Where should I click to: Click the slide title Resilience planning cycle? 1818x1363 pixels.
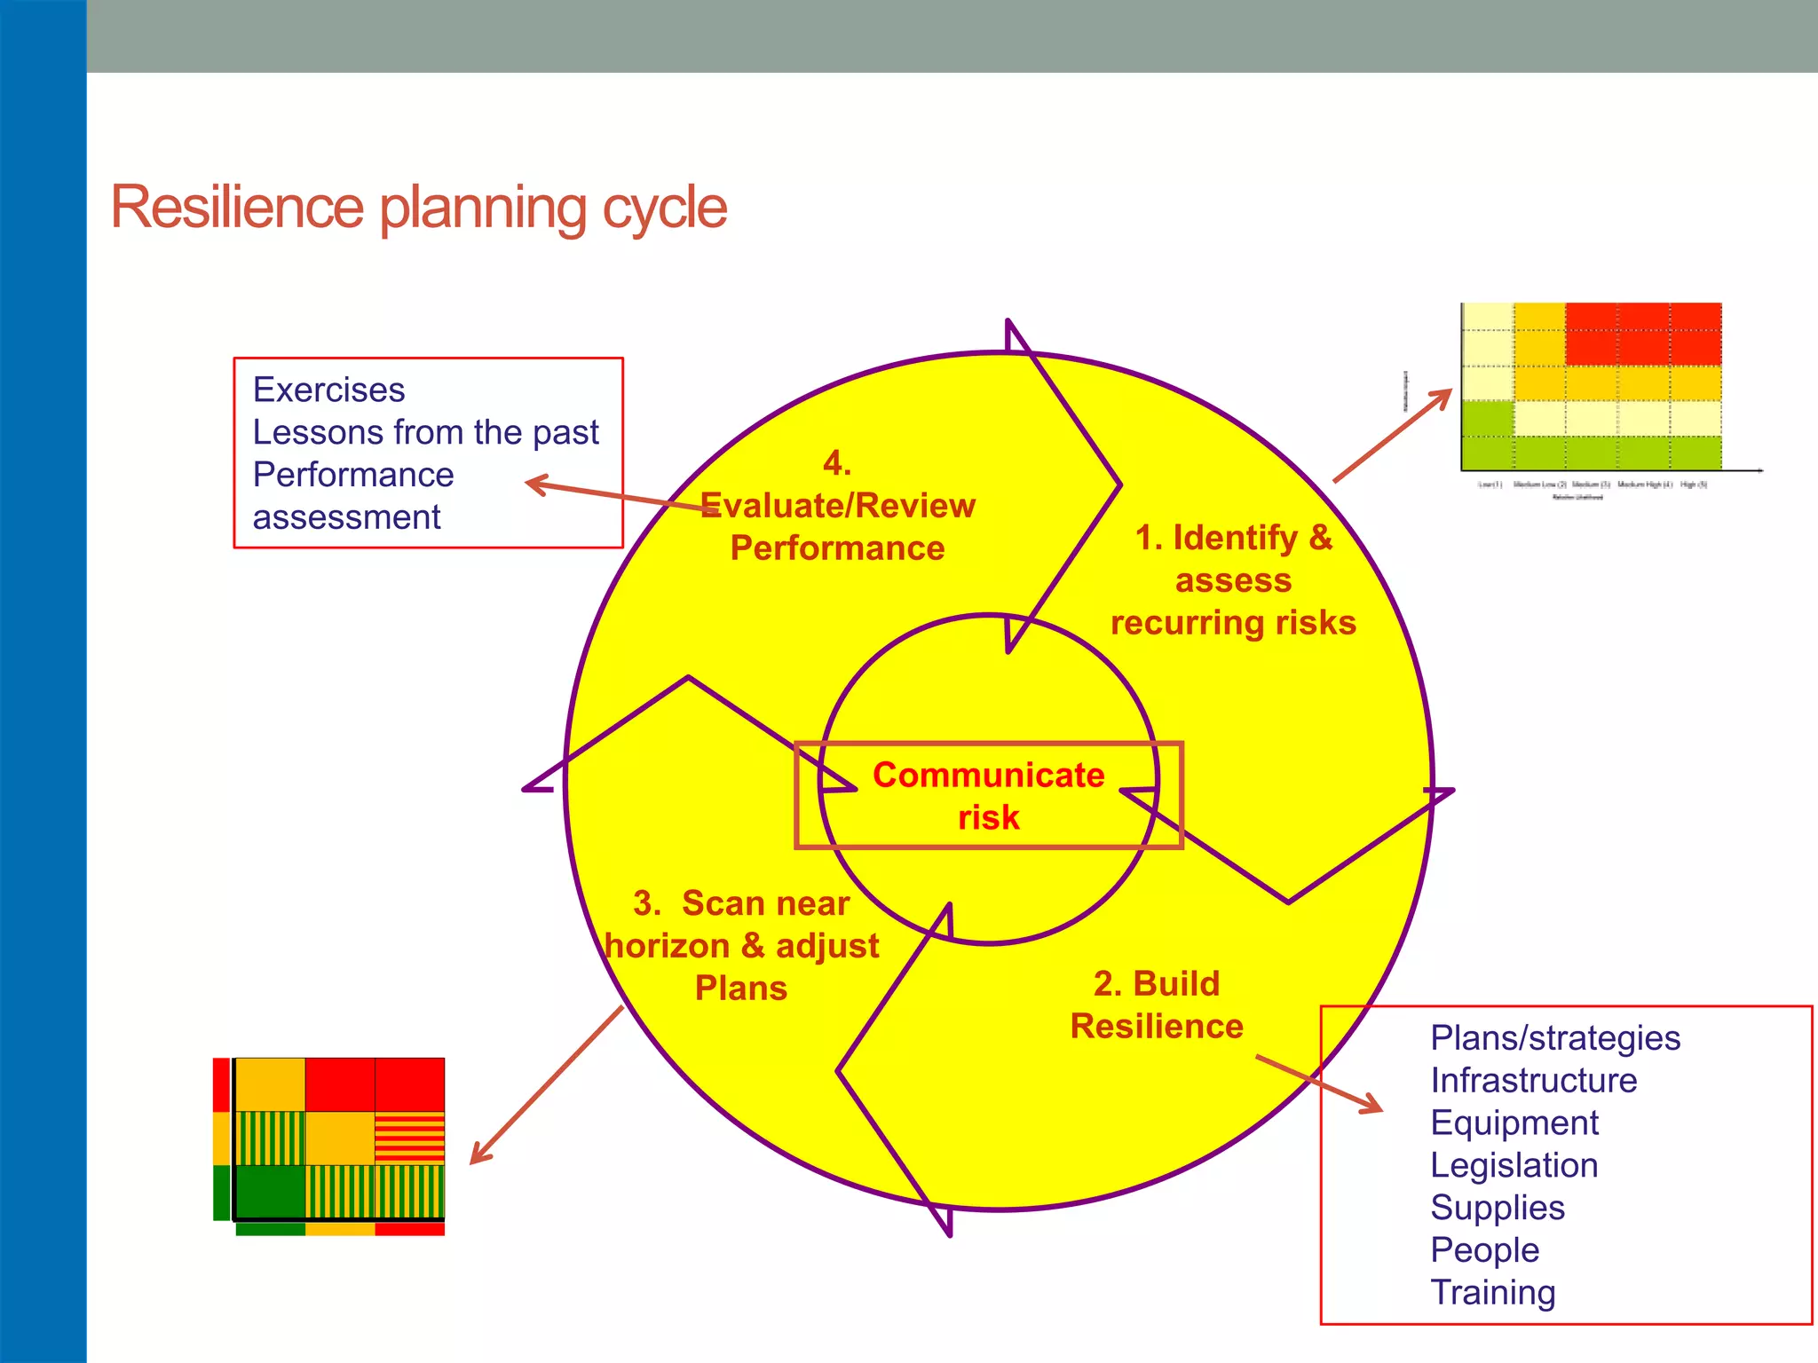(x=418, y=208)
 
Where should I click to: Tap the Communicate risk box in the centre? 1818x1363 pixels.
(x=988, y=796)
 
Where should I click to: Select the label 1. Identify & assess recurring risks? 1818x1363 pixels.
(x=1233, y=580)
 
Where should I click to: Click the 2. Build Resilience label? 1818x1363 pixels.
(x=1157, y=1005)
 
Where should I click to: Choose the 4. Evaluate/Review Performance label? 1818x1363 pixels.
(x=837, y=507)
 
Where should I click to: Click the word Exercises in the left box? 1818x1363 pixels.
(x=328, y=390)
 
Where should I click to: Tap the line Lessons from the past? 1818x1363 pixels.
(x=425, y=433)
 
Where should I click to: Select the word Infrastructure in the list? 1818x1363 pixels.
(x=1533, y=1081)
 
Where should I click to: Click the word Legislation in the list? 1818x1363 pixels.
(x=1514, y=1166)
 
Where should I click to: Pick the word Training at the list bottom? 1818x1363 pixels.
(x=1492, y=1293)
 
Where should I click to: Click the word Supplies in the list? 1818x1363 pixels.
(x=1497, y=1208)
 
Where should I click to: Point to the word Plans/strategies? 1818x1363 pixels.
(x=1554, y=1038)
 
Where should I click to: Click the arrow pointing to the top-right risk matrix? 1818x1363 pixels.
(x=1392, y=436)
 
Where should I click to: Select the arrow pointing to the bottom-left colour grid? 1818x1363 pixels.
(x=546, y=1085)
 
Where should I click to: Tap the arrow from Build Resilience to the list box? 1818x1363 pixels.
(x=1319, y=1083)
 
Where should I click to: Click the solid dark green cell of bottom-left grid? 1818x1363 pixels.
(x=270, y=1192)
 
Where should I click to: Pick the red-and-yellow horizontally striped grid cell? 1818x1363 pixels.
(x=409, y=1138)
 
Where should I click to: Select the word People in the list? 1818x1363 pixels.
(x=1484, y=1250)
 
